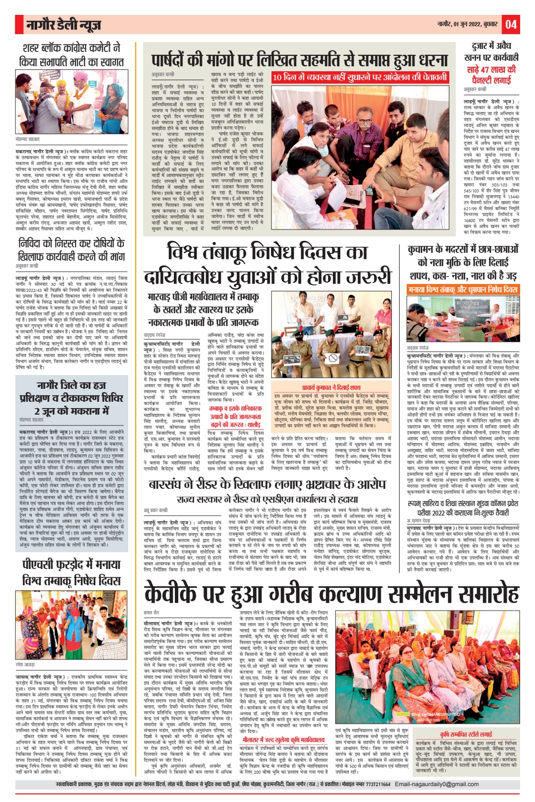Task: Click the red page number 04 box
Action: tap(511, 24)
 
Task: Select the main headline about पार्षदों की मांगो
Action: tap(300, 61)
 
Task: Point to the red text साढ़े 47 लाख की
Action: tap(491, 70)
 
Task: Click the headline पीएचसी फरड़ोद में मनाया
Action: tap(72, 565)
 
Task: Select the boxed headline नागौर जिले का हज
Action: tap(71, 385)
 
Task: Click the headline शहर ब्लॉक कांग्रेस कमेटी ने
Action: tap(71, 48)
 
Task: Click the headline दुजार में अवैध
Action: tap(491, 46)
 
